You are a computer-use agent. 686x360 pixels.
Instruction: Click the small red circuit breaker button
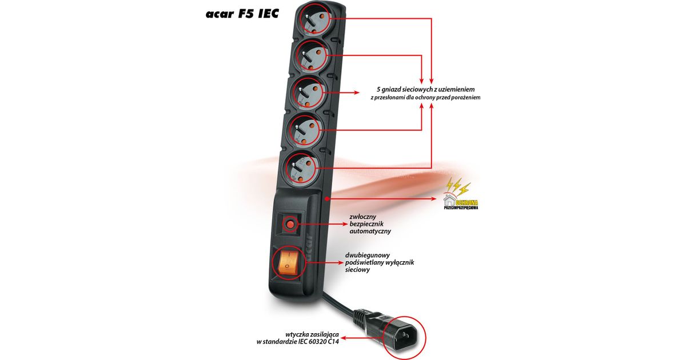coord(290,225)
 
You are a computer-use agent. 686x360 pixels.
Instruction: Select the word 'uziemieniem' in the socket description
coord(454,90)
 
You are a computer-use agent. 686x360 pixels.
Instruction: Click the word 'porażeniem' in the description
coord(465,98)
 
